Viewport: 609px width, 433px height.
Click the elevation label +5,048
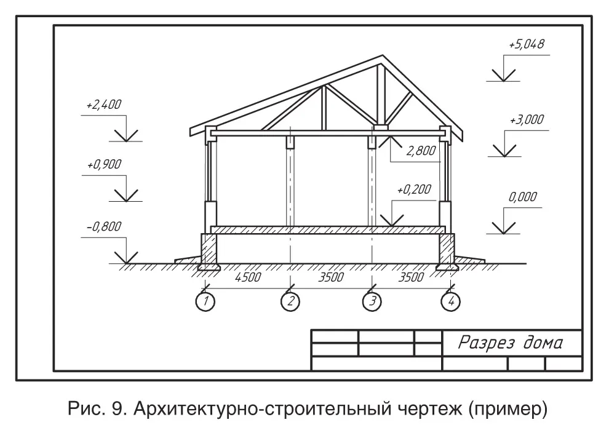(x=527, y=44)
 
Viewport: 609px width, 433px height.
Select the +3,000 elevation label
(x=527, y=119)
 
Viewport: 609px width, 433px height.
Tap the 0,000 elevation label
(x=523, y=196)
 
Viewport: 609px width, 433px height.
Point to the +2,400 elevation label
(x=104, y=105)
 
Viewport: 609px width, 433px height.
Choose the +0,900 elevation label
(x=104, y=164)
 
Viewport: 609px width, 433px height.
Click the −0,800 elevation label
(x=104, y=226)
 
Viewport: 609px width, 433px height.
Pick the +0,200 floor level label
(x=414, y=189)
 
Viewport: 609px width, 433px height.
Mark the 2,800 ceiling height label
(x=421, y=150)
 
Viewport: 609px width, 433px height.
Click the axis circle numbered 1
(x=205, y=301)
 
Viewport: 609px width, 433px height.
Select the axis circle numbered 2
(x=290, y=301)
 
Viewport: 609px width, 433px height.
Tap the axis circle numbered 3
(x=372, y=301)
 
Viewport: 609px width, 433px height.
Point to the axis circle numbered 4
(x=450, y=301)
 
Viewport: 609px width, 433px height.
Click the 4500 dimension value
(x=248, y=277)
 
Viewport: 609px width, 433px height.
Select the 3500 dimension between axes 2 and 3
(x=331, y=277)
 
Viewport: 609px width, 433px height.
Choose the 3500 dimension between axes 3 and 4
(x=411, y=277)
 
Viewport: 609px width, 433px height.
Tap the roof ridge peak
(x=383, y=55)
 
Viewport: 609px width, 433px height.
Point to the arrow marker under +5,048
(x=503, y=74)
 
